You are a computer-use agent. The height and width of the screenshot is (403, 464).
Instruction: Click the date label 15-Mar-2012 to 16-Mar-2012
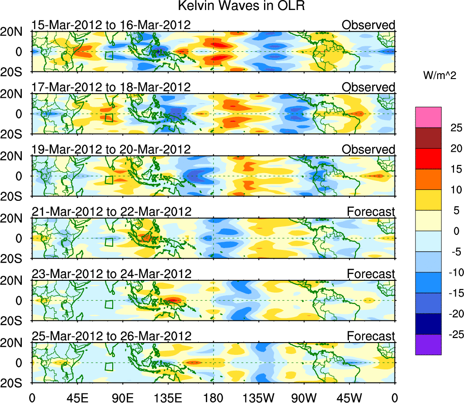pyautogui.click(x=111, y=25)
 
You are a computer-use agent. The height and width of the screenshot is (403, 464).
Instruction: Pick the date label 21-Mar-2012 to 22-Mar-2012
pyautogui.click(x=111, y=212)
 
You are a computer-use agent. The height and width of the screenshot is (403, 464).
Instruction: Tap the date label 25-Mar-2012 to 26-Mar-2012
pyautogui.click(x=111, y=336)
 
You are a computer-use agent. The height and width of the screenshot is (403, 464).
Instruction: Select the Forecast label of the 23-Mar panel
pyautogui.click(x=371, y=274)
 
